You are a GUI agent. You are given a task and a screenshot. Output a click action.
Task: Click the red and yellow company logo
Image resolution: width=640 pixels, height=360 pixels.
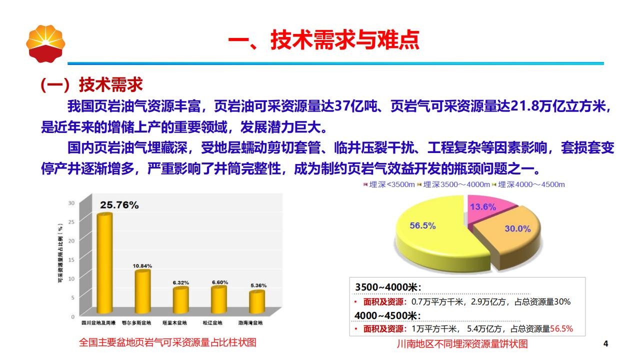[x=45, y=43]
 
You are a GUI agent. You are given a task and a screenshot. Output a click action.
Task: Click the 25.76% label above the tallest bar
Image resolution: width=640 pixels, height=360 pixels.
[x=119, y=205]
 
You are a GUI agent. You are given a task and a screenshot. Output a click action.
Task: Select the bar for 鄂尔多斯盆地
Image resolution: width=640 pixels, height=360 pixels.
[x=142, y=291]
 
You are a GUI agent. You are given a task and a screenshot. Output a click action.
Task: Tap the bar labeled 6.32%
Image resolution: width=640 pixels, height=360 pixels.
[x=180, y=300]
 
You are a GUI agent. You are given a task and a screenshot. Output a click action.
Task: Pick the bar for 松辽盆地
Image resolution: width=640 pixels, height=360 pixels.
[x=219, y=299]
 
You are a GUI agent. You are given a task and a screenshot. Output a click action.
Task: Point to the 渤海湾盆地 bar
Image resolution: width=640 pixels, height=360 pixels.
[x=257, y=301]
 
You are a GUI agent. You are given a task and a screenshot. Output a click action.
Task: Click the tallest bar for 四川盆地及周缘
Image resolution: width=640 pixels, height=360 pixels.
[x=104, y=263]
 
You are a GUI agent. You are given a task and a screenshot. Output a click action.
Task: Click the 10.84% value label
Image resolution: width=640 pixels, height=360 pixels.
[x=142, y=266]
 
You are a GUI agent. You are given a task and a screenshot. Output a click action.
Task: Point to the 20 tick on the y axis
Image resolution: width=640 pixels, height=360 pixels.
[x=71, y=240]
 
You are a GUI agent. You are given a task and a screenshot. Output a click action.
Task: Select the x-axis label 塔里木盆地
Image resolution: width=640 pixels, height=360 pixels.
[x=174, y=323]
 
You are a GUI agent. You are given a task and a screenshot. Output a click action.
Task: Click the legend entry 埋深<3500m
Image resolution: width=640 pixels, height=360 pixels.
[x=389, y=184]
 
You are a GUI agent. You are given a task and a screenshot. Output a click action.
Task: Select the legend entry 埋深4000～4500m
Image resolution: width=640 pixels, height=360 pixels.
[x=528, y=184]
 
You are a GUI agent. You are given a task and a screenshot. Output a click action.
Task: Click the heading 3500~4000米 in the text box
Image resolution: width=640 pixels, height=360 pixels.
[x=388, y=287]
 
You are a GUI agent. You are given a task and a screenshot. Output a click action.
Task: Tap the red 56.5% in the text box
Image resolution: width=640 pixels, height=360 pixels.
[x=561, y=329]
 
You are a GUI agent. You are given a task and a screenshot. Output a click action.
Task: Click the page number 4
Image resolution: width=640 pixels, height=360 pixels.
[x=605, y=343]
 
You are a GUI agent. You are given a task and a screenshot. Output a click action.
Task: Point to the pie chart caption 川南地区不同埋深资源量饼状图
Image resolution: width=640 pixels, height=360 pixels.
[x=462, y=343]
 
